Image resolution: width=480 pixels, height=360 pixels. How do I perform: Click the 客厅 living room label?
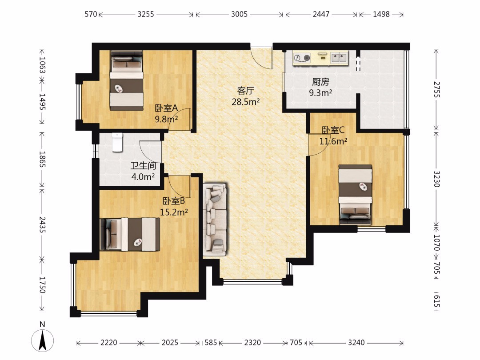click(245, 91)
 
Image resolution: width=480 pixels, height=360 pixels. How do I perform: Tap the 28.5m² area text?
click(245, 102)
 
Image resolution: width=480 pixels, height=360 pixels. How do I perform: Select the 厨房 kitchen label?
click(320, 82)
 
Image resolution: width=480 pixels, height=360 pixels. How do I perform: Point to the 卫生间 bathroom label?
click(143, 166)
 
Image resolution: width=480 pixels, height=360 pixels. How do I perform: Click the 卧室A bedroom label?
click(166, 108)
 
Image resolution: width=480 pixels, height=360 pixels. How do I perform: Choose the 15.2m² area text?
click(174, 212)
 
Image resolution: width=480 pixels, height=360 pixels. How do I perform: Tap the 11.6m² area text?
click(333, 141)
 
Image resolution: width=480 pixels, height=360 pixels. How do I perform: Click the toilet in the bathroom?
click(117, 142)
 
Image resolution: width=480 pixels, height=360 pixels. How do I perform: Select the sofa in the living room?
click(215, 220)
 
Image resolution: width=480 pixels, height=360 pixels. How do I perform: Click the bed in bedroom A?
click(127, 81)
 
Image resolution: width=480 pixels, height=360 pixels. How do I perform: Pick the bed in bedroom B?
click(130, 234)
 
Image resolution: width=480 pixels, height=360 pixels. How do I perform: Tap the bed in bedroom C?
click(355, 195)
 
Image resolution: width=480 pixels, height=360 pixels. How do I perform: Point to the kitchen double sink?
click(339, 57)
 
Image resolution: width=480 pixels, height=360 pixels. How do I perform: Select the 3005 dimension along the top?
click(240, 14)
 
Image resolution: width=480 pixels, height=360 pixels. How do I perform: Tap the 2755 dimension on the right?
click(436, 89)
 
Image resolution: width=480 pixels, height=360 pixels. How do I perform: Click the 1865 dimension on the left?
click(42, 159)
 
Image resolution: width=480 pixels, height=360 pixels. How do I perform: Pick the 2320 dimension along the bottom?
click(252, 342)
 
